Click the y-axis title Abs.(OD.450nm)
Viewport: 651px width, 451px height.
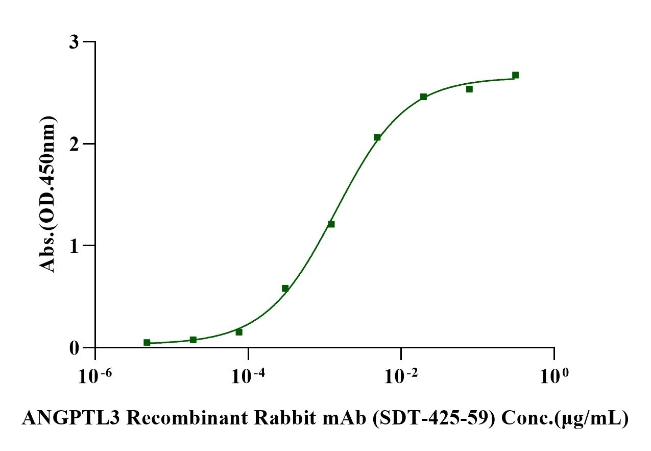48,194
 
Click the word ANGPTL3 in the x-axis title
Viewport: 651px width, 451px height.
69,418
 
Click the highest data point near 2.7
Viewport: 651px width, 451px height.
515,75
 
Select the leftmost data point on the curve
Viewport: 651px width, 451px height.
147,342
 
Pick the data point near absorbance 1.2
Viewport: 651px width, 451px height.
331,224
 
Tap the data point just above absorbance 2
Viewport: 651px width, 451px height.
377,137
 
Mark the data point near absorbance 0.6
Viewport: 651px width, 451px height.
285,288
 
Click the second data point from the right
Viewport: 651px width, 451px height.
469,89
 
